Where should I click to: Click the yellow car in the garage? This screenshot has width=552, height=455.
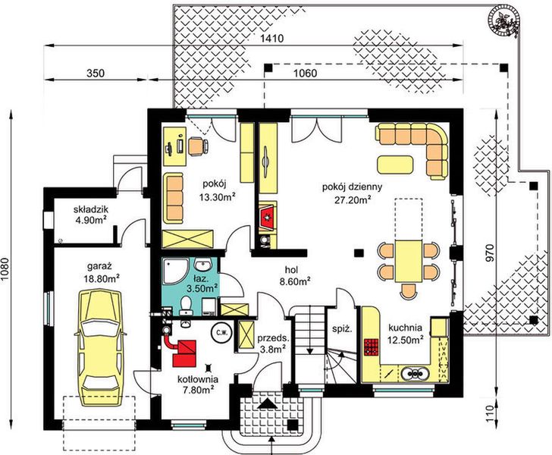(x=101, y=347)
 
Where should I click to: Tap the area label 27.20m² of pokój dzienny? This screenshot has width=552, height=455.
(x=353, y=200)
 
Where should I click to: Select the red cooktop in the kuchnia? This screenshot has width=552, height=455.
(x=372, y=347)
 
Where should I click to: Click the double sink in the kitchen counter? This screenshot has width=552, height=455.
(x=416, y=373)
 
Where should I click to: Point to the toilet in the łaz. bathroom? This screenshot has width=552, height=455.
(x=186, y=305)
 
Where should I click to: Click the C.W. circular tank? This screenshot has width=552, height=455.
(x=222, y=332)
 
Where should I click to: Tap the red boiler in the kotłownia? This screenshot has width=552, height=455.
(x=184, y=353)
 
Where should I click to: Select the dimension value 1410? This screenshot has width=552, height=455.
(x=271, y=38)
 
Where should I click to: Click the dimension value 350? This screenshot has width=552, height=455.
(x=96, y=73)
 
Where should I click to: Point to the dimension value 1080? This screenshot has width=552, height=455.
(x=5, y=270)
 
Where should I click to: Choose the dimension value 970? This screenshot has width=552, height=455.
(x=490, y=253)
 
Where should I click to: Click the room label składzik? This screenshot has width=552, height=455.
(x=91, y=209)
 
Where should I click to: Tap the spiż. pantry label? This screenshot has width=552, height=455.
(x=342, y=329)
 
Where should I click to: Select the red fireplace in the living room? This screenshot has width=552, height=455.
(x=268, y=218)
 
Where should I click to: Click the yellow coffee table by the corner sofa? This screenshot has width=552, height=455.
(x=395, y=165)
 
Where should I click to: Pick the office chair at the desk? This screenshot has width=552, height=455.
(x=198, y=146)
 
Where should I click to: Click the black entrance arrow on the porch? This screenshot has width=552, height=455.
(x=266, y=403)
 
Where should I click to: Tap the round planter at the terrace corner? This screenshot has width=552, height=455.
(x=503, y=20)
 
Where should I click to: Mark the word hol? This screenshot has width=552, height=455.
(x=292, y=270)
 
